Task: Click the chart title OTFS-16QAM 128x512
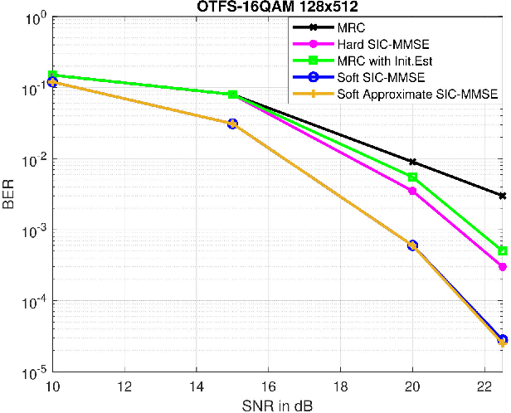[x=277, y=7]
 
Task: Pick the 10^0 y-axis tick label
[x=33, y=17]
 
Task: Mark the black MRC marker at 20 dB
[x=412, y=162]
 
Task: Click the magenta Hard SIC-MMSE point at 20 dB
[x=412, y=191]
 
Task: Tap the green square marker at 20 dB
[x=412, y=177]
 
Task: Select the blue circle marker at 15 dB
[x=232, y=124]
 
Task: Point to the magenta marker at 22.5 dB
[x=503, y=267]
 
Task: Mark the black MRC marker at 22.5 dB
[x=503, y=196]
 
